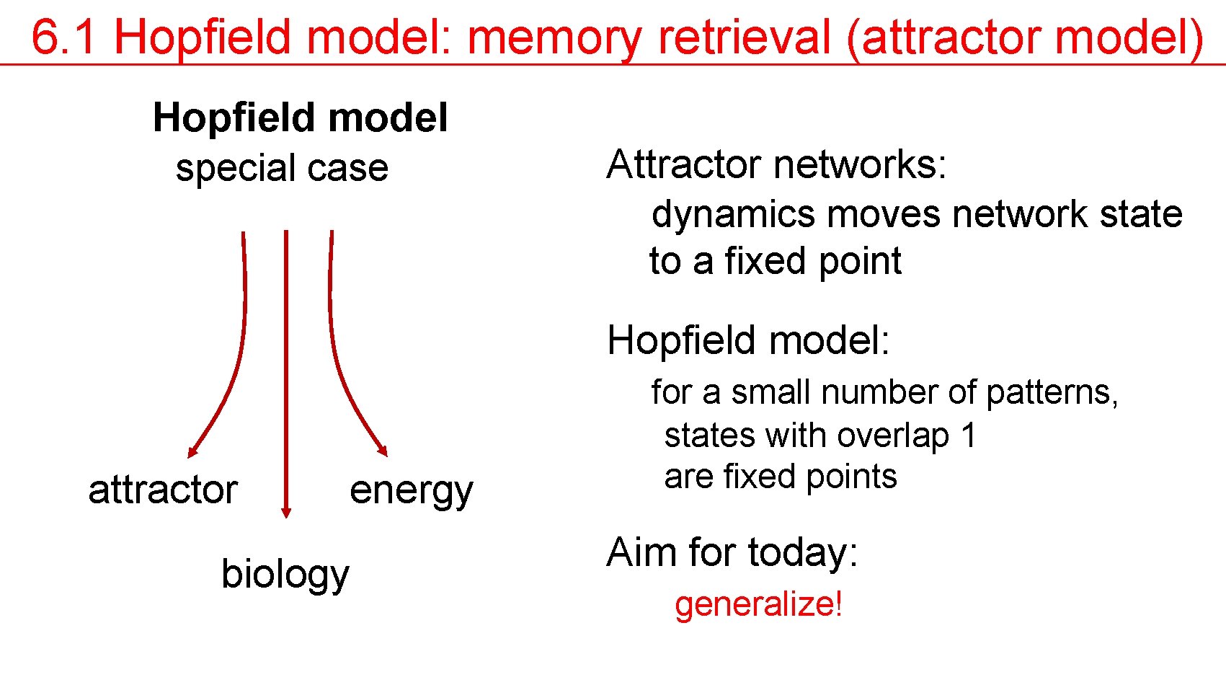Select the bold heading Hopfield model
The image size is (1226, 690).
pyautogui.click(x=300, y=118)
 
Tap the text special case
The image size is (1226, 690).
pyautogui.click(x=282, y=168)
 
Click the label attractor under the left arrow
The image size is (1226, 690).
pyautogui.click(x=163, y=490)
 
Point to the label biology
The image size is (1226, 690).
pyautogui.click(x=285, y=575)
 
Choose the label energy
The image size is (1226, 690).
pyautogui.click(x=411, y=492)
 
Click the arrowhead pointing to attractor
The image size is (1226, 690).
pyautogui.click(x=192, y=451)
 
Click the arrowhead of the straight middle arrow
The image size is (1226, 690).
pyautogui.click(x=286, y=512)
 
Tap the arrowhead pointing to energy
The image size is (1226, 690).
pyautogui.click(x=383, y=449)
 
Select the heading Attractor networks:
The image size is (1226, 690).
pyautogui.click(x=776, y=164)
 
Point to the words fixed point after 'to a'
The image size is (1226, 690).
pyautogui.click(x=812, y=261)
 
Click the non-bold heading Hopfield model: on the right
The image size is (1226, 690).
pyautogui.click(x=748, y=340)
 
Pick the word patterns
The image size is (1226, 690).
pyautogui.click(x=1051, y=393)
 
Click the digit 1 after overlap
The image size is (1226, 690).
pyautogui.click(x=968, y=435)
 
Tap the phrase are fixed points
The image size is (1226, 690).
pyautogui.click(x=780, y=477)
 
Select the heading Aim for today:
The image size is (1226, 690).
pyautogui.click(x=732, y=553)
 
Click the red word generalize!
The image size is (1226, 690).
pyautogui.click(x=758, y=604)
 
